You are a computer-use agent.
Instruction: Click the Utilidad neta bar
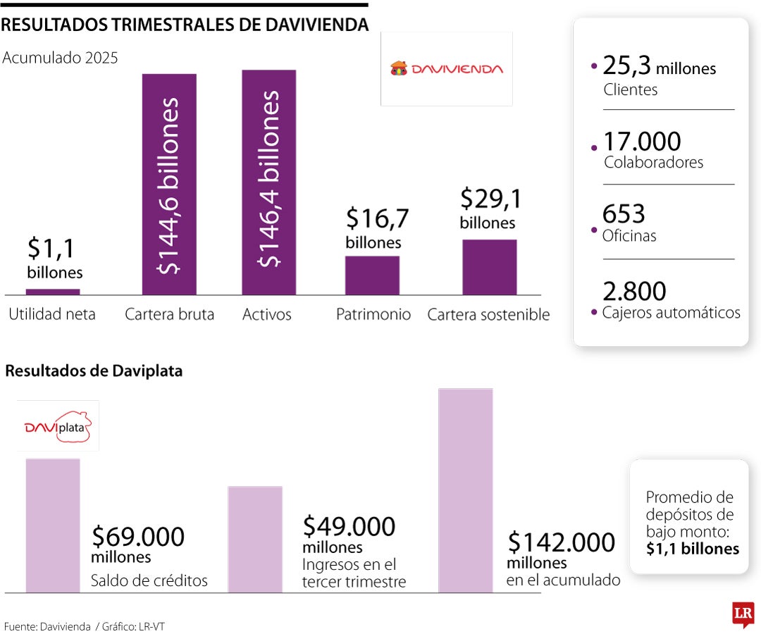(x=53, y=292)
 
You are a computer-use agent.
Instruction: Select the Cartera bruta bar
(x=169, y=184)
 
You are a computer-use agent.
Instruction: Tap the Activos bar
(x=268, y=182)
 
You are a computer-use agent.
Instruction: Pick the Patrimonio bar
(x=372, y=275)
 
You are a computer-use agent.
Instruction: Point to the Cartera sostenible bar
(x=490, y=267)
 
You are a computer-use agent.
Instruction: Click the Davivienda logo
(x=447, y=69)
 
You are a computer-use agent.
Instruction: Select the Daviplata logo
(x=58, y=426)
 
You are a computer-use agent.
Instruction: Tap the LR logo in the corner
(x=743, y=614)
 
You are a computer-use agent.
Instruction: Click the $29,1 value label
(x=490, y=199)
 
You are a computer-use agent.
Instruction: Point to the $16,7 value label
(x=377, y=219)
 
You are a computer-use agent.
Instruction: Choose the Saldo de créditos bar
(x=53, y=525)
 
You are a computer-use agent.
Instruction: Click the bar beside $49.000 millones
(x=255, y=539)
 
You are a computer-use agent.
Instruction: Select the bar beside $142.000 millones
(x=465, y=490)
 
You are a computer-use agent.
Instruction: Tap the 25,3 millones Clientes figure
(x=660, y=68)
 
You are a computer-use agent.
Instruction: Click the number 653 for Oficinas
(x=624, y=213)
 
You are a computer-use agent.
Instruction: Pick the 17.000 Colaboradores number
(x=642, y=142)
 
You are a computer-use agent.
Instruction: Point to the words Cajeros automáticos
(x=671, y=313)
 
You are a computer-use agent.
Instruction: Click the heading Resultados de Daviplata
(x=94, y=371)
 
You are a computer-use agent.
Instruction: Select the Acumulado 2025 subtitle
(x=61, y=58)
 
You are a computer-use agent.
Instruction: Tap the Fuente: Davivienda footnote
(x=48, y=626)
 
